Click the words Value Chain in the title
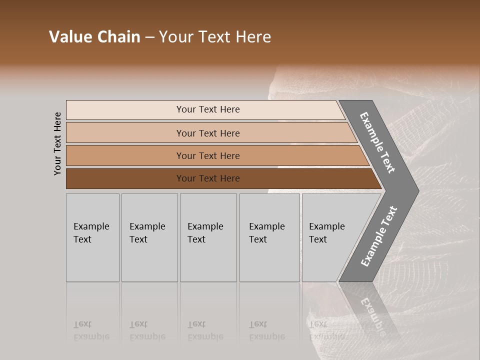point(94,37)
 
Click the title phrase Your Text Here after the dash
point(215,37)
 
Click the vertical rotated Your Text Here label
point(57,143)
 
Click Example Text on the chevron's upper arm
point(377,142)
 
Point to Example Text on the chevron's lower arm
point(378,236)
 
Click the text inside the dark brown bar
point(208,178)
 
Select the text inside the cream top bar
point(208,109)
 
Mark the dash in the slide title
point(149,37)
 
